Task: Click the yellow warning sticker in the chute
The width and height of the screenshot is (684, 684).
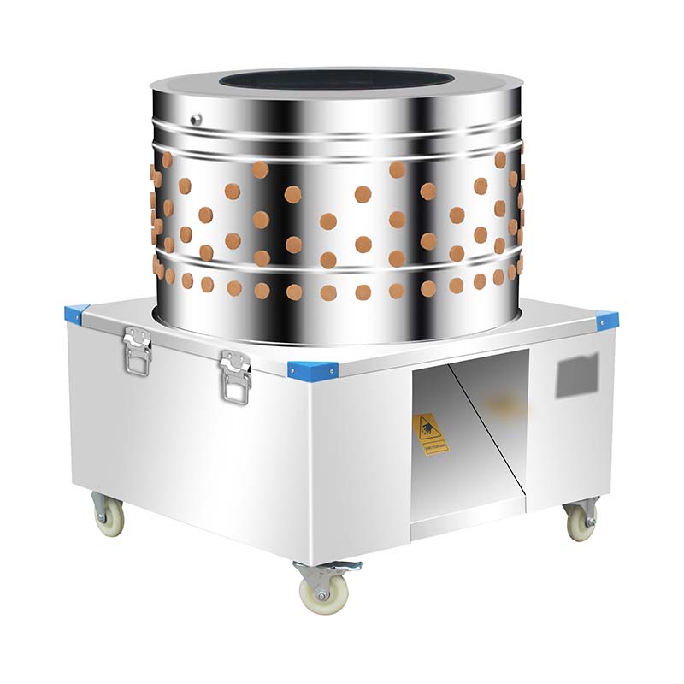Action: point(430,434)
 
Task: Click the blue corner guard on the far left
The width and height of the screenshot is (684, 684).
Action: point(76,314)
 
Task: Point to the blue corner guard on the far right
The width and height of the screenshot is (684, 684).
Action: point(607,321)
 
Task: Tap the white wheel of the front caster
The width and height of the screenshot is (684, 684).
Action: point(324,593)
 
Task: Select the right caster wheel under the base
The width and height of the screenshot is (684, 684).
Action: point(581,525)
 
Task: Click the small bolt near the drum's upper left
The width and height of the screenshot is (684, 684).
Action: point(196,120)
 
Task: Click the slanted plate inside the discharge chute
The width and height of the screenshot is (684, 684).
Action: point(487,427)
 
